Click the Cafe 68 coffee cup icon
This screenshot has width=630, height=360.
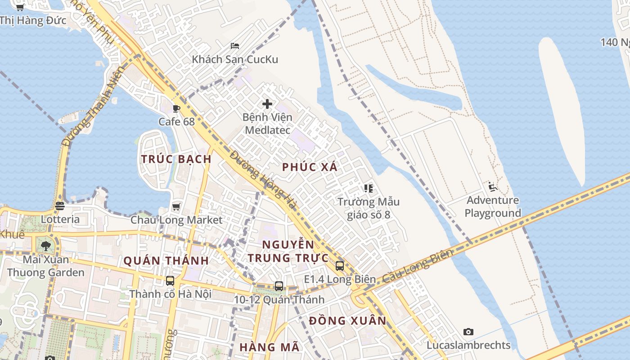coord(176,108)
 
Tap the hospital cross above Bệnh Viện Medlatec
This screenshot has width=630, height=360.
coord(267,104)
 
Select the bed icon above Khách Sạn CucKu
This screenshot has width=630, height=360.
coord(234,45)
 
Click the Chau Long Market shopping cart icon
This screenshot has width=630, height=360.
coord(176,207)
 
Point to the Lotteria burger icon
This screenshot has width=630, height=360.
coord(60,206)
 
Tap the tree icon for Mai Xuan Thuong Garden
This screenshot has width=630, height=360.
coord(45,246)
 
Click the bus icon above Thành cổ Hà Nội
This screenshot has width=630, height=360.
coord(170,281)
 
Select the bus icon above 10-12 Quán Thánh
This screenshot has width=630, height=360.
coord(279,286)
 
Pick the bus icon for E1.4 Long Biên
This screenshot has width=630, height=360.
coord(340,265)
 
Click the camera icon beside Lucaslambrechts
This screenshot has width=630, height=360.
coord(468,332)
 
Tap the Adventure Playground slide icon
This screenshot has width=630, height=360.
coord(492,187)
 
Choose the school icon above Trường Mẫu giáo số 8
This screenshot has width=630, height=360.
coord(369,188)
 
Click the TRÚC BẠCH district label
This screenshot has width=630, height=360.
coord(176,159)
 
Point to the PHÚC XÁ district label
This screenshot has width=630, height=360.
coord(310,167)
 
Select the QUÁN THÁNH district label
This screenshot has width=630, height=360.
coord(166,261)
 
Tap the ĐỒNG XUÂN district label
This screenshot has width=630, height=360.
coord(348,320)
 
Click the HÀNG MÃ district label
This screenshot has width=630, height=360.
coord(269,347)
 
